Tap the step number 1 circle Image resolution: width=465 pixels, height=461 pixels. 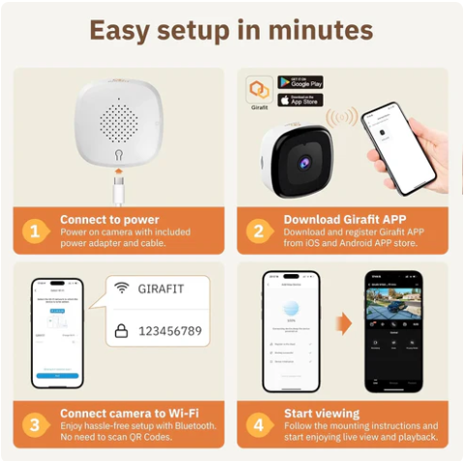[x=34, y=231]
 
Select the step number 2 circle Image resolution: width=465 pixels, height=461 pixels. [x=258, y=231]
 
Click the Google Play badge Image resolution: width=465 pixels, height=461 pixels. [x=299, y=82]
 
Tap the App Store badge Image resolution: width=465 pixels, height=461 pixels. [x=299, y=100]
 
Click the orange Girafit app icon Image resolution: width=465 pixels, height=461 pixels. [x=259, y=89]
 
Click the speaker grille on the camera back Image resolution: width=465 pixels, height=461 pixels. [x=117, y=123]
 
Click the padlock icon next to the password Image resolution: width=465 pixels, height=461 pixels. [x=121, y=331]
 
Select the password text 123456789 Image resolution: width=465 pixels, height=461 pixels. [x=171, y=331]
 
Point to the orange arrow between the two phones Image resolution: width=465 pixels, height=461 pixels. [x=342, y=323]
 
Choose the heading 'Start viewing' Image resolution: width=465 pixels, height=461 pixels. [x=322, y=414]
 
